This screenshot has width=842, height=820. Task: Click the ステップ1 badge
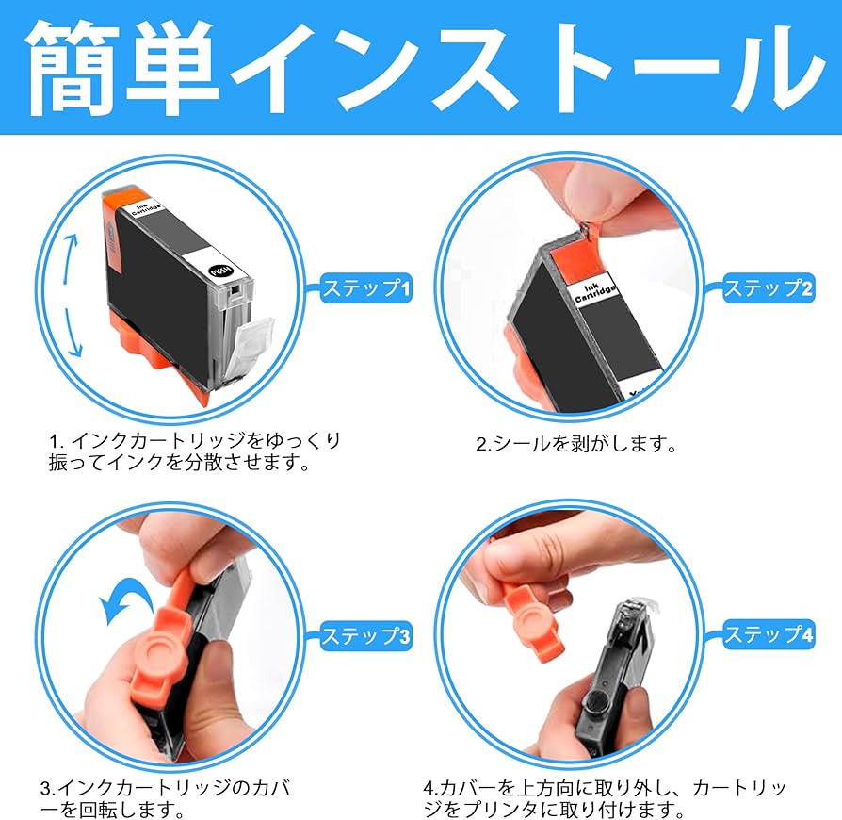pyautogui.click(x=366, y=288)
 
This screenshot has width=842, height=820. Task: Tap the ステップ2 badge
pyautogui.click(x=768, y=288)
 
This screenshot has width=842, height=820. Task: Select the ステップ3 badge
pyautogui.click(x=366, y=636)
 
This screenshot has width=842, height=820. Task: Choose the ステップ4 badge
pyautogui.click(x=768, y=634)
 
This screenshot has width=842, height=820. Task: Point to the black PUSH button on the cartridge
pyautogui.click(x=220, y=270)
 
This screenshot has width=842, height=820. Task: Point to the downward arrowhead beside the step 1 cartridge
pyautogui.click(x=76, y=351)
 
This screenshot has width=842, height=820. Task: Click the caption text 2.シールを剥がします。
pyautogui.click(x=576, y=445)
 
